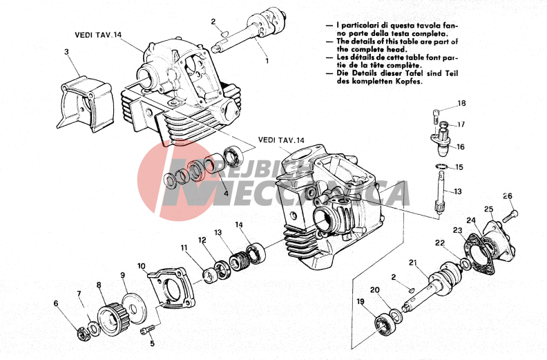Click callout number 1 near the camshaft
[x=266, y=61]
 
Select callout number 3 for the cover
[x=66, y=52]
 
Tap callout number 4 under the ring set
[x=226, y=193]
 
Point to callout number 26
[x=508, y=196]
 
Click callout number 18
[x=461, y=104]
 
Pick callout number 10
[x=141, y=265]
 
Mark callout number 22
[x=439, y=243]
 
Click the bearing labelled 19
[x=381, y=322]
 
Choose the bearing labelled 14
[x=256, y=251]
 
